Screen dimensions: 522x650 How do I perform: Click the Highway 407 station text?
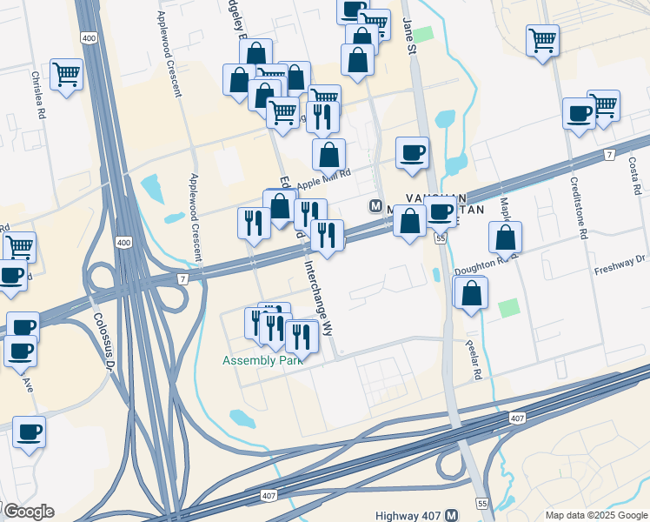click(408, 516)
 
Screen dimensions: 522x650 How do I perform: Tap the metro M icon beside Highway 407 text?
click(451, 516)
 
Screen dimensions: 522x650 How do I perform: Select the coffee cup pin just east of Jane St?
click(412, 152)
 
